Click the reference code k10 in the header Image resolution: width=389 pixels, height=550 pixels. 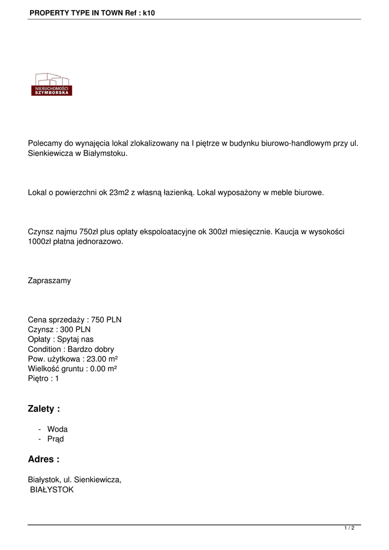(149, 12)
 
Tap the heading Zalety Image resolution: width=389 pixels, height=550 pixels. (43, 409)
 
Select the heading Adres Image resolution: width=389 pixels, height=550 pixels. (43, 459)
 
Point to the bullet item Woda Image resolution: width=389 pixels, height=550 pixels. (57, 429)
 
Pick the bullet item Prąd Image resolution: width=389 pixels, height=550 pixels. (55, 439)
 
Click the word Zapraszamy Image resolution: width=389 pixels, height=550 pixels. (49, 280)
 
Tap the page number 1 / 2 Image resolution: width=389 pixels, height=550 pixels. (349, 528)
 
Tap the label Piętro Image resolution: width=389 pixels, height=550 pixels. (39, 379)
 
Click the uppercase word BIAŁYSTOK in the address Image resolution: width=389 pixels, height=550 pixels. (52, 490)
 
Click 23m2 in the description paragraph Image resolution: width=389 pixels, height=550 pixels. (119, 192)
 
